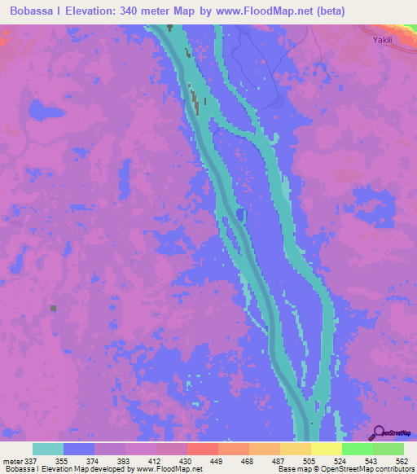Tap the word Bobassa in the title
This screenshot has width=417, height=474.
[x=37, y=11]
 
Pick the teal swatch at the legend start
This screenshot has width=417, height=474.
[x=48, y=449]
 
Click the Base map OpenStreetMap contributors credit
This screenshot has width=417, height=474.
[x=345, y=469]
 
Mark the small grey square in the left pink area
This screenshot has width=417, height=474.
[x=54, y=308]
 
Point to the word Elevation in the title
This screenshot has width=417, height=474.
[x=94, y=11]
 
